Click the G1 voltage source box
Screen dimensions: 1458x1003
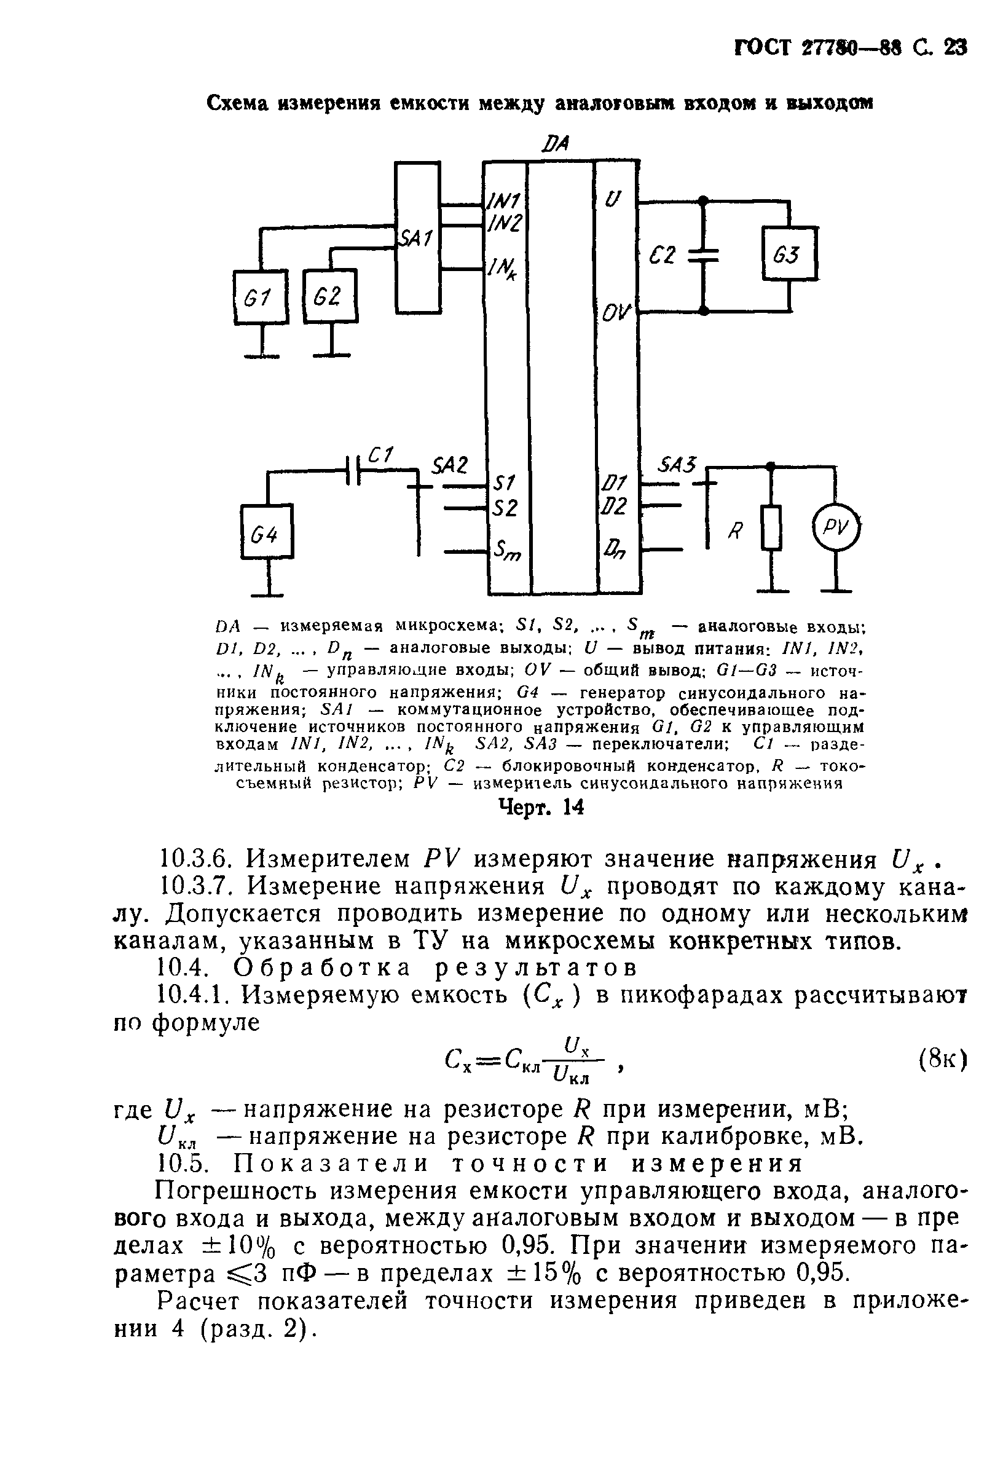pyautogui.click(x=260, y=297)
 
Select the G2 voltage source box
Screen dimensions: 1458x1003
pyautogui.click(x=330, y=296)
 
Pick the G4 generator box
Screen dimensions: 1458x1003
pyautogui.click(x=267, y=530)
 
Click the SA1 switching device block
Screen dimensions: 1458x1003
pyautogui.click(x=417, y=237)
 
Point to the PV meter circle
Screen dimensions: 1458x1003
pyautogui.click(x=835, y=529)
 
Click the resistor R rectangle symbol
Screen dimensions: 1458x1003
pyautogui.click(x=771, y=528)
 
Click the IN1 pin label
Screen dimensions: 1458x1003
pyautogui.click(x=503, y=201)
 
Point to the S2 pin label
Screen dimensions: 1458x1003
pyautogui.click(x=505, y=507)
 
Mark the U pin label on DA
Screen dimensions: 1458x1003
pyautogui.click(x=612, y=200)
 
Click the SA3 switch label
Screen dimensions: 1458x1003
pyautogui.click(x=676, y=465)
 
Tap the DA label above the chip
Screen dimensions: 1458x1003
pyautogui.click(x=555, y=144)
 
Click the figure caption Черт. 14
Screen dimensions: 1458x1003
pyautogui.click(x=541, y=807)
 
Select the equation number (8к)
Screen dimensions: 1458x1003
pyautogui.click(x=941, y=1060)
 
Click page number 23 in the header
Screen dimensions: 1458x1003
pyautogui.click(x=954, y=49)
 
